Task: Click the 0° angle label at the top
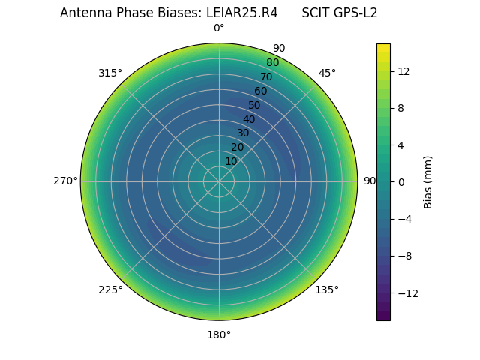click(219, 28)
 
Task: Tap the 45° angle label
click(327, 73)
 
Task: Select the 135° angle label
click(327, 289)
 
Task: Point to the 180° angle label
click(219, 334)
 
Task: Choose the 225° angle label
click(110, 289)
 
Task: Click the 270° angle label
click(65, 181)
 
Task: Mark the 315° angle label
click(110, 73)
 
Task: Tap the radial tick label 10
click(231, 161)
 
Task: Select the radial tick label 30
click(243, 133)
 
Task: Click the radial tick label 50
click(255, 105)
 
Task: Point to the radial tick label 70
click(266, 76)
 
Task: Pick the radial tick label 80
click(272, 63)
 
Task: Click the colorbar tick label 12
click(403, 71)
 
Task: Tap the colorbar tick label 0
click(400, 182)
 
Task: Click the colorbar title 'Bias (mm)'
click(428, 182)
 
